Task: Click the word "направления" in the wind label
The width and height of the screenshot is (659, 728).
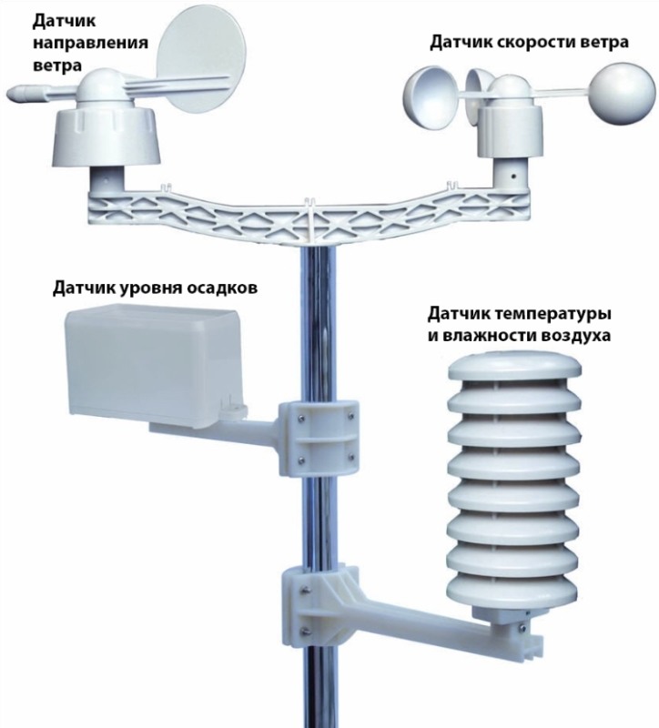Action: (90, 43)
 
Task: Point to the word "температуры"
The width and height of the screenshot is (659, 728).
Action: (554, 314)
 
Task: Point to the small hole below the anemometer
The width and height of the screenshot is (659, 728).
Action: (513, 177)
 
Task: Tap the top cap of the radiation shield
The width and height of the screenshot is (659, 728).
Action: (513, 365)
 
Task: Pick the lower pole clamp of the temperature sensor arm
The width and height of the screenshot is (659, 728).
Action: (319, 608)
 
